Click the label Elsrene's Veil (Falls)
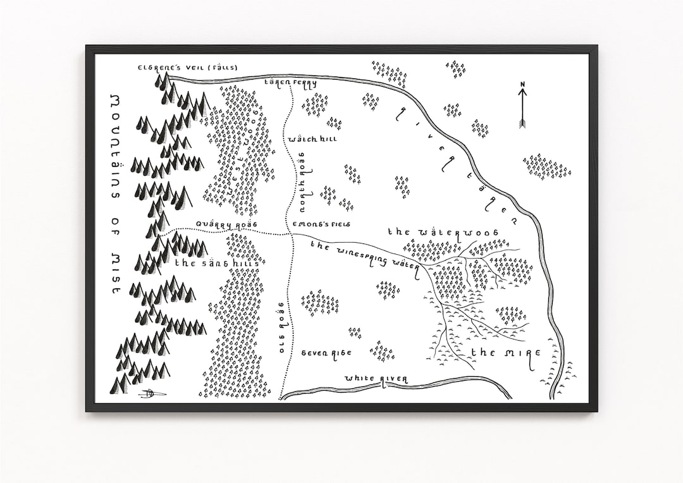click(180, 67)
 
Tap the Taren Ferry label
click(290, 83)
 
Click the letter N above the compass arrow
click(523, 84)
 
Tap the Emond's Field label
click(321, 224)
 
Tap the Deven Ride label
click(326, 353)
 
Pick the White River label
click(376, 379)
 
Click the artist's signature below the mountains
click(152, 394)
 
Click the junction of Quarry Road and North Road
click(292, 234)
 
